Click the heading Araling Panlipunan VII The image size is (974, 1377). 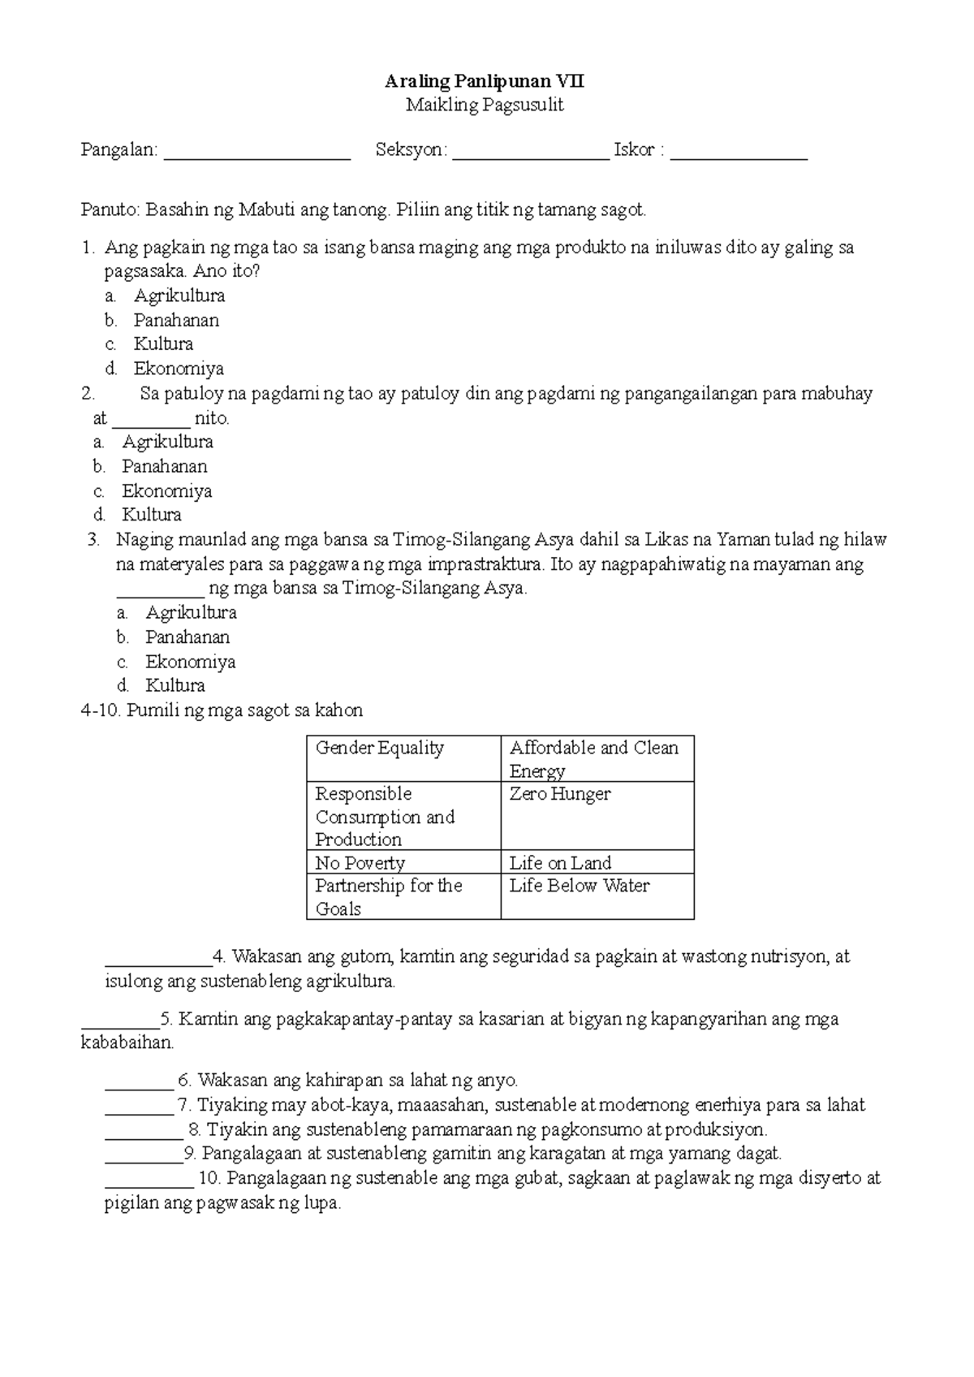pos(485,81)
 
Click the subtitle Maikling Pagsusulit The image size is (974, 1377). pos(485,105)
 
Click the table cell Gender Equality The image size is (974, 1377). pos(379,748)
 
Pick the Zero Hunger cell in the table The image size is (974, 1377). pos(559,794)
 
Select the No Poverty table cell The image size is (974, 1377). pos(360,862)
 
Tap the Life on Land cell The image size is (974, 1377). pos(560,862)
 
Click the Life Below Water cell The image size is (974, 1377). pos(579,886)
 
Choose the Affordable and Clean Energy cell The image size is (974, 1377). pos(593,758)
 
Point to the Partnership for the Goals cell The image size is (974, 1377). pos(388,896)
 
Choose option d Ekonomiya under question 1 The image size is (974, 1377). pos(179,369)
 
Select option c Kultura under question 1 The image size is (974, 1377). pos(163,344)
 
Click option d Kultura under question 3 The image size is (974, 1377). pos(175,685)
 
